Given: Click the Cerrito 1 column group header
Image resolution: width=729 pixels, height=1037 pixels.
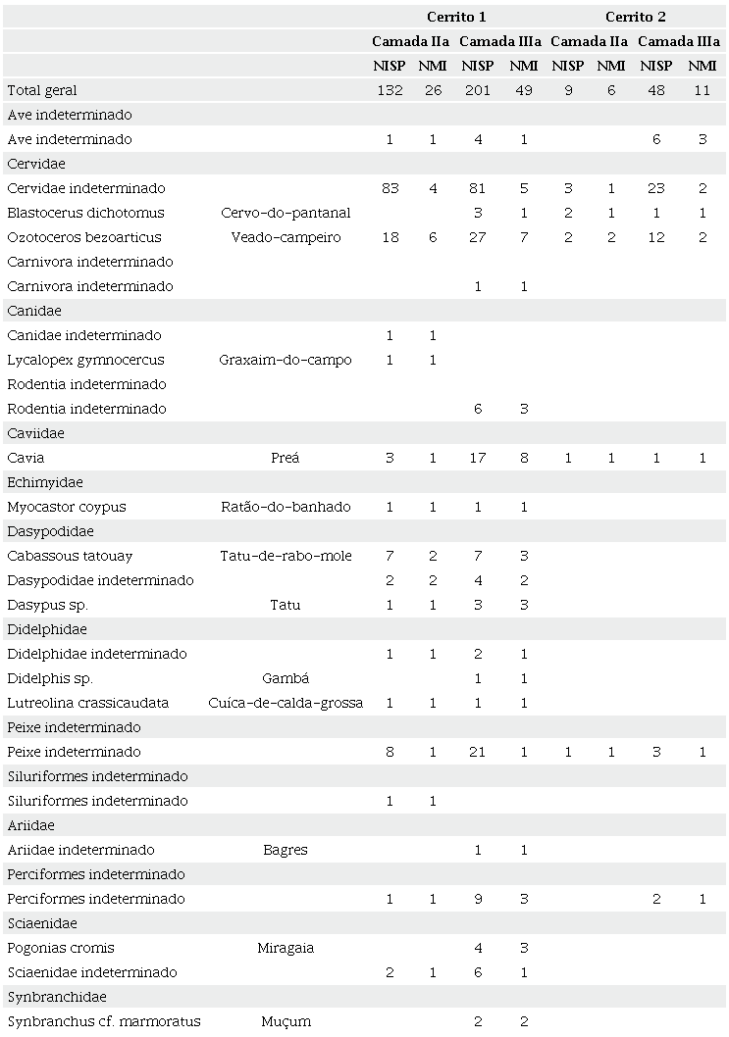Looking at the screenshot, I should [456, 17].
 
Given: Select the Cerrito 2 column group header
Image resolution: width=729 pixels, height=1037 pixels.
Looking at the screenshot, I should [635, 17].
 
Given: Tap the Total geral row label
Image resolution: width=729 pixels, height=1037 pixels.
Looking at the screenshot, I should [42, 90].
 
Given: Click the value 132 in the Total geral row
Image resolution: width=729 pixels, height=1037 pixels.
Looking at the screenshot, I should [391, 90].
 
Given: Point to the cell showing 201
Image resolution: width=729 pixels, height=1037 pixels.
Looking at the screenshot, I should [478, 90].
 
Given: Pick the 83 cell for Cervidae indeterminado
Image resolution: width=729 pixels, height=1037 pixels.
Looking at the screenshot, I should [391, 188].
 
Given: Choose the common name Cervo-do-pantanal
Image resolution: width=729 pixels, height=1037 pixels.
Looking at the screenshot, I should [286, 213].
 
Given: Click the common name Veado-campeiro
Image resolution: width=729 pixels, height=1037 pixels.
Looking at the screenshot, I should [286, 237].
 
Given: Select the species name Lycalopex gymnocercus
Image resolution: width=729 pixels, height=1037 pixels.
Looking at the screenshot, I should [85, 360].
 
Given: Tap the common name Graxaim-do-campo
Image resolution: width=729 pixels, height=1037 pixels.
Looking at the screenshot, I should [286, 360].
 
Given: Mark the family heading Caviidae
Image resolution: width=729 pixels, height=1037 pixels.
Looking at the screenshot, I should [34, 433].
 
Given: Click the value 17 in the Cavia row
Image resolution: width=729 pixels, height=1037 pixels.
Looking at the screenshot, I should [478, 458].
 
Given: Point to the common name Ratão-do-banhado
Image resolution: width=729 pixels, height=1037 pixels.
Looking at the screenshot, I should [286, 507].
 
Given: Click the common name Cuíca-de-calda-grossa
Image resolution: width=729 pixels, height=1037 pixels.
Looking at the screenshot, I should [286, 703].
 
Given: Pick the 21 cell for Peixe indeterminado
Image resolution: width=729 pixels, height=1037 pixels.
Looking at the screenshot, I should [478, 752].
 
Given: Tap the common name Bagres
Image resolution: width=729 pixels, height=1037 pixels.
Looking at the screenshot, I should [286, 850].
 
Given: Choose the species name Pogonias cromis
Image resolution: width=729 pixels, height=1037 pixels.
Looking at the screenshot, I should [61, 948].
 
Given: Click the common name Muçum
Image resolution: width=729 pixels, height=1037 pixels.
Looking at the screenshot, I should [286, 1021].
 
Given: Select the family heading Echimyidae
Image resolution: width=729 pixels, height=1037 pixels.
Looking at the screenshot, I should [45, 482].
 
